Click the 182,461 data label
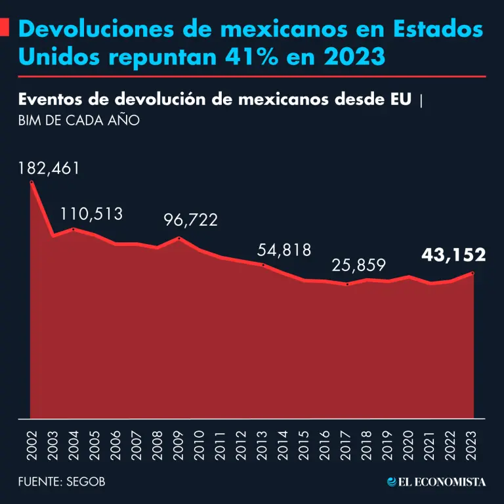[49, 168]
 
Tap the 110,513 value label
[91, 214]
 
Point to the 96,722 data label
[190, 220]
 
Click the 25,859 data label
[358, 265]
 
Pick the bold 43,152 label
[453, 255]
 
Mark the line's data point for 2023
[472, 272]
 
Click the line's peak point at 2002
[31, 183]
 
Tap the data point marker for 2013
[263, 265]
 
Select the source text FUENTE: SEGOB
[62, 482]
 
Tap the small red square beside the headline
[4, 28]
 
